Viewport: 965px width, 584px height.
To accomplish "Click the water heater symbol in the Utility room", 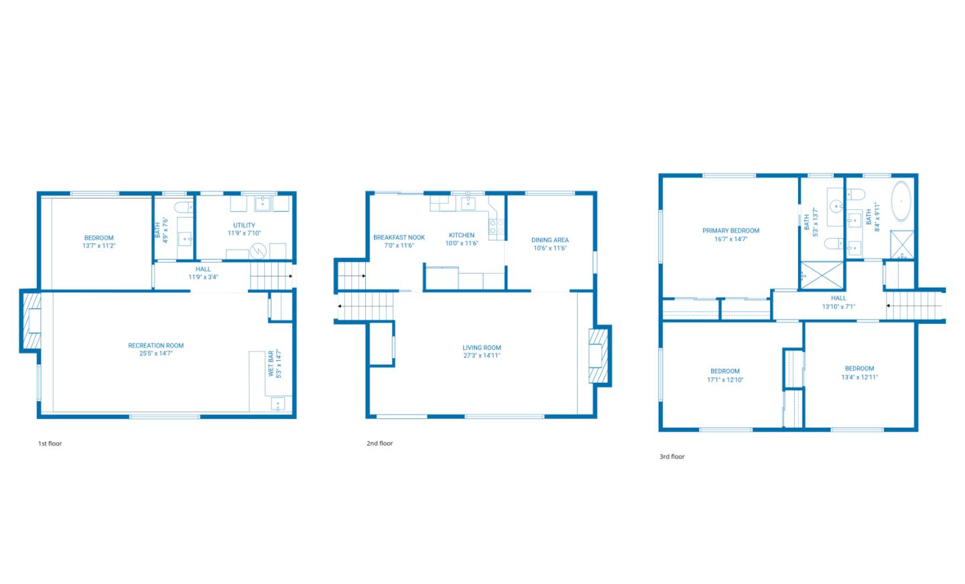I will (258, 252).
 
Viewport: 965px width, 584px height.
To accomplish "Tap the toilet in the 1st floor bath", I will (179, 206).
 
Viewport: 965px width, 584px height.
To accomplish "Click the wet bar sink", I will (277, 404).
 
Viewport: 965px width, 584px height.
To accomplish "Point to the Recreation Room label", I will (155, 346).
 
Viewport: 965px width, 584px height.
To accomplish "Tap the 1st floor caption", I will (50, 444).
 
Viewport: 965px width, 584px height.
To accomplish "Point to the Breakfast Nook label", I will (399, 237).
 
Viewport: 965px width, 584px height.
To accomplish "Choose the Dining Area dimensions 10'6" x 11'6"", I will (550, 248).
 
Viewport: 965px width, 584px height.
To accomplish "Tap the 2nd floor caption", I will (379, 444).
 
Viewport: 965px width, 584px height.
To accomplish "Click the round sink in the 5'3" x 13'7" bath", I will (834, 205).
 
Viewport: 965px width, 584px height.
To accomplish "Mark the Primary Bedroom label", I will (730, 231).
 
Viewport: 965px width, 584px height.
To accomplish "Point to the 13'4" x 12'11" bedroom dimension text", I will (859, 377).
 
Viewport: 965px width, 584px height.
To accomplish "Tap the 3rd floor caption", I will (671, 457).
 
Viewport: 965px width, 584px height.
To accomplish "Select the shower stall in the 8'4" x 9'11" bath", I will (901, 245).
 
